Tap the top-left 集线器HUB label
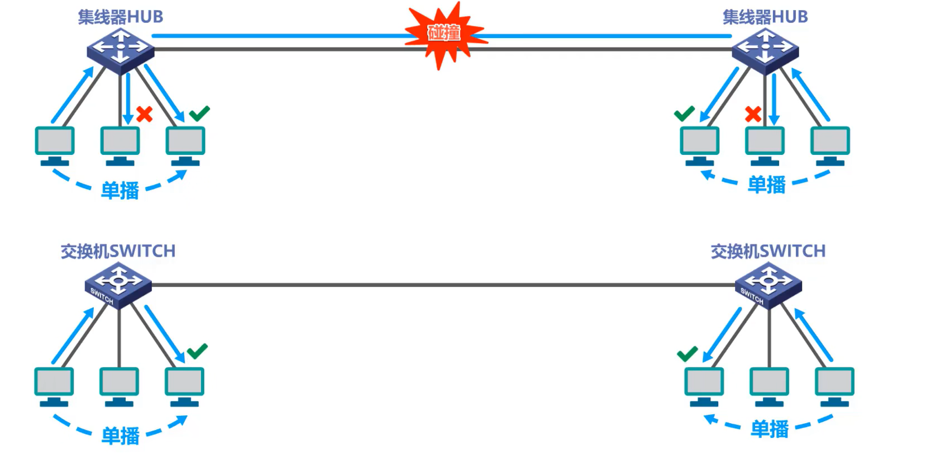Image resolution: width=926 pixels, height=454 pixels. [x=120, y=17]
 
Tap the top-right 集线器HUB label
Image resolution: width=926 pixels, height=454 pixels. [x=765, y=17]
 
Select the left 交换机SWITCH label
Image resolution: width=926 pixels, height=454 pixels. [x=118, y=252]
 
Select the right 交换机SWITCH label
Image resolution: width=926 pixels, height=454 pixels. [x=768, y=252]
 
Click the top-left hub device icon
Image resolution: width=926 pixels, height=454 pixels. [x=121, y=50]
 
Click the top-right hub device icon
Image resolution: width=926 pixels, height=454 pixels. [x=765, y=50]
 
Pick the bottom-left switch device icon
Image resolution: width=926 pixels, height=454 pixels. [x=118, y=285]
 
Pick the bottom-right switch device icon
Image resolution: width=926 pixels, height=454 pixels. [x=769, y=285]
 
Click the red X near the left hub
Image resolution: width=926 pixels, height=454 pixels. [x=144, y=115]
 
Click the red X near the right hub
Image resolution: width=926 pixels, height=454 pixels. [x=753, y=115]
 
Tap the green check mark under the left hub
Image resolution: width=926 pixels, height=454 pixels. [x=199, y=114]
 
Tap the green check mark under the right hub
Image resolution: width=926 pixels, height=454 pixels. [x=684, y=114]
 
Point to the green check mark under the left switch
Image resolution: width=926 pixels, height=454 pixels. [x=197, y=351]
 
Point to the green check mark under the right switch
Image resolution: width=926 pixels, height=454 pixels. [x=687, y=353]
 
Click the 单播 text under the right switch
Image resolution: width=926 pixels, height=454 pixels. [x=769, y=429]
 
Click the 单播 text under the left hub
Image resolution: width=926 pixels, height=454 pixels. [x=120, y=191]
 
